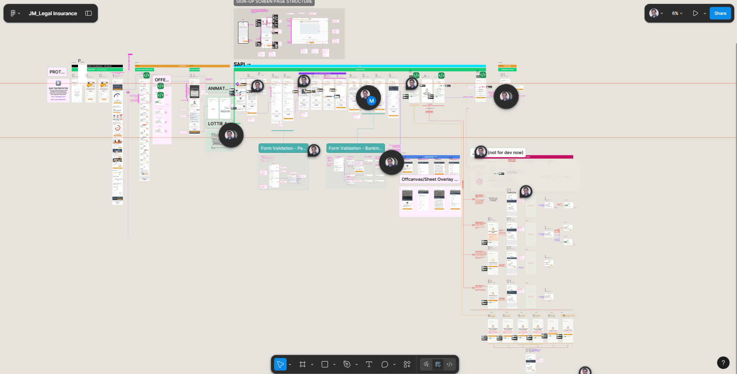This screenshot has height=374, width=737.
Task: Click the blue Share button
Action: point(720,13)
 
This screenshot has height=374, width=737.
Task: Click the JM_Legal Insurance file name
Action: point(53,13)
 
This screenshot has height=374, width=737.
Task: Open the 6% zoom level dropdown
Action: point(677,13)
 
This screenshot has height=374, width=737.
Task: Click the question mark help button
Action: point(723,363)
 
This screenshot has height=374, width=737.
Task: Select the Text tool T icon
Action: point(369,364)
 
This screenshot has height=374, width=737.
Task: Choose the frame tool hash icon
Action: point(303,364)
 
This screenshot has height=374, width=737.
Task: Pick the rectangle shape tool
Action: point(324,364)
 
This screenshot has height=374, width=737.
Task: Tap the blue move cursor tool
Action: point(280,364)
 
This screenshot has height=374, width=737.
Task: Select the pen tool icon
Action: point(347,364)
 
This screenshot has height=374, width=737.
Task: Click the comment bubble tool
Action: point(384,364)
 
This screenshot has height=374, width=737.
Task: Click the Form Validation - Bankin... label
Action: point(355,148)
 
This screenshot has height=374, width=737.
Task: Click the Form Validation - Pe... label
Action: point(283,148)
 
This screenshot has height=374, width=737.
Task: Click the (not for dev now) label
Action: point(505,152)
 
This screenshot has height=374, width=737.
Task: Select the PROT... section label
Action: point(57,72)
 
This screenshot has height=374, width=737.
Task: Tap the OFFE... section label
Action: point(162,80)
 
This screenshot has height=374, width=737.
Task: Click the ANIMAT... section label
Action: point(218,88)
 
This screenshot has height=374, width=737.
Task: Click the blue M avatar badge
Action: point(371,101)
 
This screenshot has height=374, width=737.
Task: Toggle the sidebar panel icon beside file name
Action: point(89,13)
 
